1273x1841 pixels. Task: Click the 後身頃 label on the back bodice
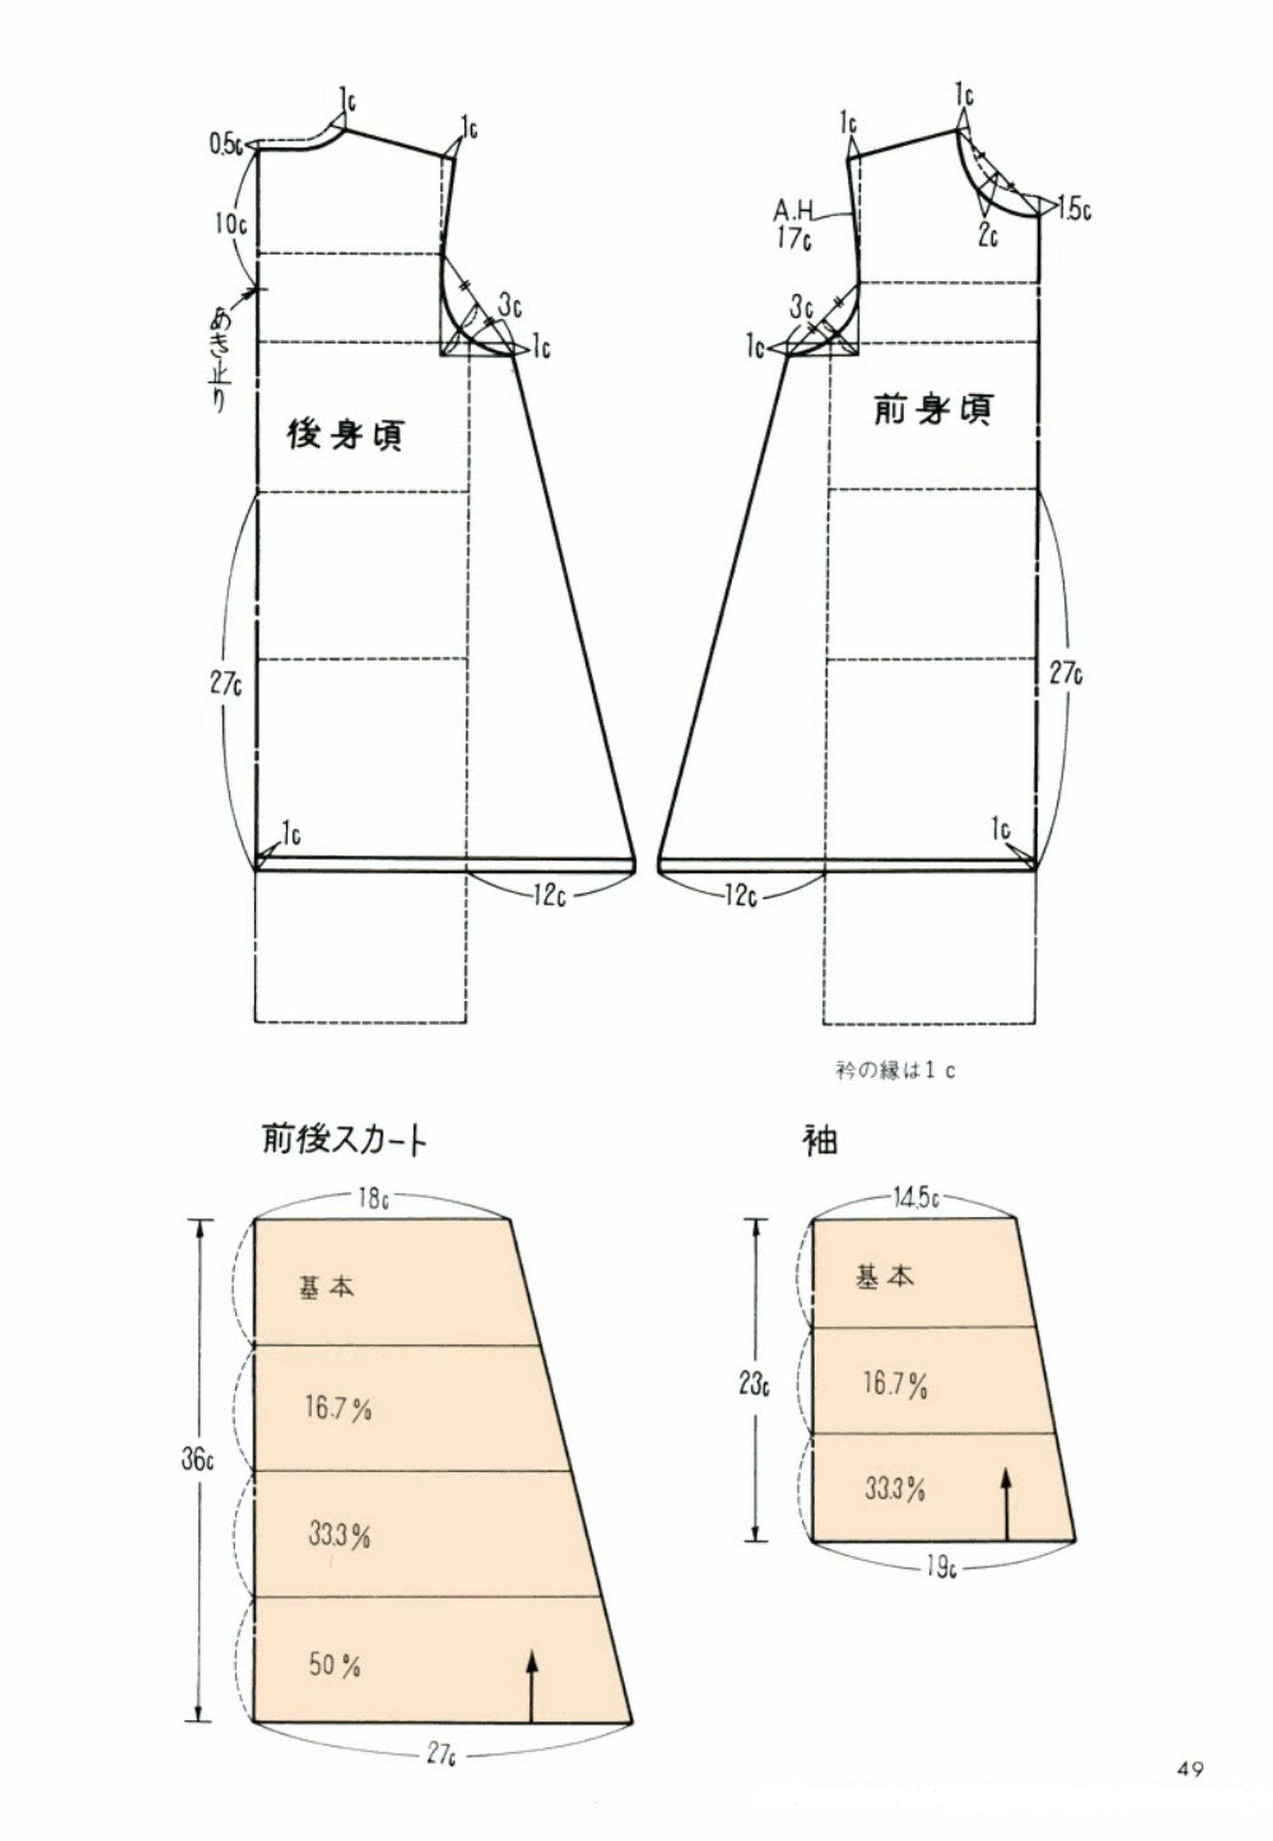tap(345, 435)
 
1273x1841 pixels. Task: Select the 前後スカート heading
tap(345, 1141)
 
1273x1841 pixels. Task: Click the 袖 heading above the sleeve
tap(820, 1141)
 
